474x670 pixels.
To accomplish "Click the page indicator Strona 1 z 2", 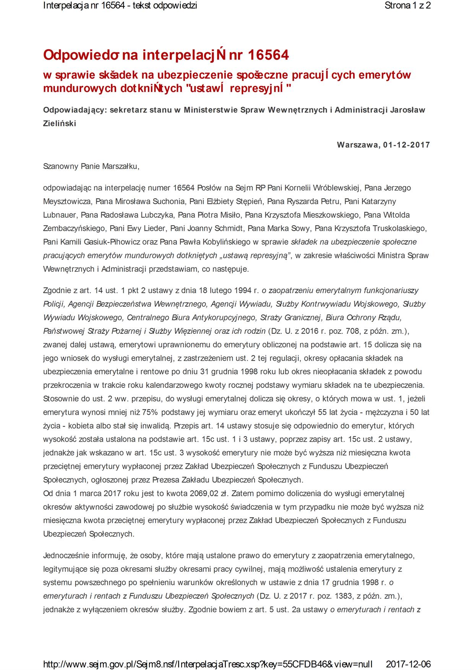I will coord(407,6).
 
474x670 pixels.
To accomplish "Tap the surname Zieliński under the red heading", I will coord(60,123).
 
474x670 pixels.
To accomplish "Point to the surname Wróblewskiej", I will coord(337,188).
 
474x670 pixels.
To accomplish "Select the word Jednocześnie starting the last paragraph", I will coord(65,555).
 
